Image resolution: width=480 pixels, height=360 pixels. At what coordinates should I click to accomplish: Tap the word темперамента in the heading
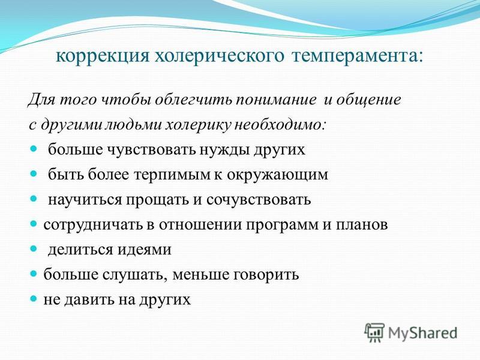357,57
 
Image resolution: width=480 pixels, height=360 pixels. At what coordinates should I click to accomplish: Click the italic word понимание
275,101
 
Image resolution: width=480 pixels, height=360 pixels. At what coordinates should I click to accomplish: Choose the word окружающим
277,175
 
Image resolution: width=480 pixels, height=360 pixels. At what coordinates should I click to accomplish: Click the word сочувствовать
259,200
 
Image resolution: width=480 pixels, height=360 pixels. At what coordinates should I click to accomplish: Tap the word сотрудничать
93,225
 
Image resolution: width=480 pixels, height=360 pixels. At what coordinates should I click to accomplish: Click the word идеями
145,250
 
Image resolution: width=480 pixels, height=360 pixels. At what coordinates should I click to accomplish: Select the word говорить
266,275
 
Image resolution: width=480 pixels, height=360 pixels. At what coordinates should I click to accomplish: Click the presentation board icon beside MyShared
374,332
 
